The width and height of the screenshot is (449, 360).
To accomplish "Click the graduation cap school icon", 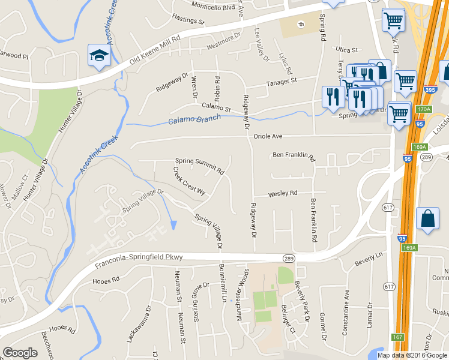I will pyautogui.click(x=97, y=55).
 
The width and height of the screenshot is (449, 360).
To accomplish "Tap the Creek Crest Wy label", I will pyautogui.click(x=189, y=181).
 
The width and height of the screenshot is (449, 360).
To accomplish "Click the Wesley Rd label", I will pyautogui.click(x=283, y=194).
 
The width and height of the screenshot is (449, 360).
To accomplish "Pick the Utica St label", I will pyautogui.click(x=346, y=50).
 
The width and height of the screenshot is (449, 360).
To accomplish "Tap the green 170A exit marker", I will pyautogui.click(x=424, y=110).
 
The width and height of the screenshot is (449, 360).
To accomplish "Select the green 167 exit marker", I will pyautogui.click(x=398, y=337).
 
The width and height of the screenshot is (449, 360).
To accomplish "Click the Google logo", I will pyautogui.click(x=20, y=353).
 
